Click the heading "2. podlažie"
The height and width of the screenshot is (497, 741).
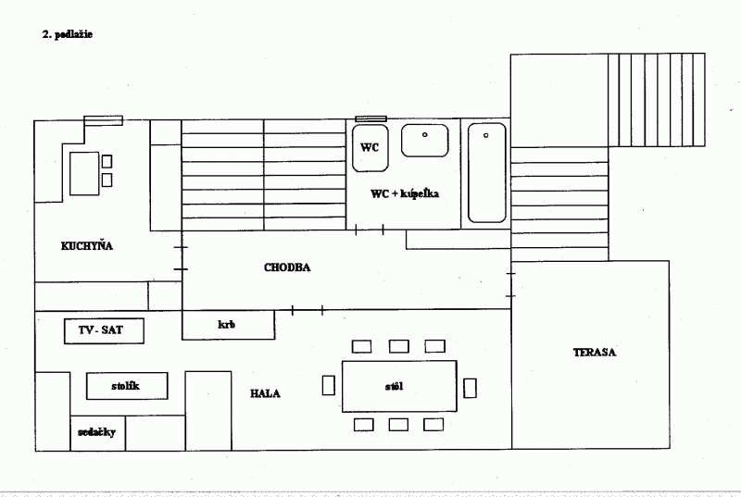pos(67,34)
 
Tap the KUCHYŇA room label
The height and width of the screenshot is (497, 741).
pos(87,246)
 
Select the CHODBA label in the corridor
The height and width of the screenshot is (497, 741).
pos(287,267)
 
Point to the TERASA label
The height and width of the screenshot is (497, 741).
pos(594,352)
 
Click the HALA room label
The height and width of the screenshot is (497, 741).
pos(265,393)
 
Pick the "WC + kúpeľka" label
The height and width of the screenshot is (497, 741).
pos(405,193)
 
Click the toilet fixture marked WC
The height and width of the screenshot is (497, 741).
pos(370,148)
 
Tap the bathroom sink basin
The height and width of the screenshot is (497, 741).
pos(425,140)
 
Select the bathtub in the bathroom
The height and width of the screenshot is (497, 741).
pos(487,172)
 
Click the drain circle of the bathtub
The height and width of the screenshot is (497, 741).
pos(485,135)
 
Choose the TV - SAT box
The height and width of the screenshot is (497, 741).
pos(104,330)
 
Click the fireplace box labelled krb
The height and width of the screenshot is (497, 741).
pos(228,325)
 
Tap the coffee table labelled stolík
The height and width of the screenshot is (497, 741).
pos(127,386)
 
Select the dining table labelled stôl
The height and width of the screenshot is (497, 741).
pos(399,386)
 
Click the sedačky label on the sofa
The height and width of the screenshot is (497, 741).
pos(96,432)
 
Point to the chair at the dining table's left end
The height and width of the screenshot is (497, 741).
pos(329,385)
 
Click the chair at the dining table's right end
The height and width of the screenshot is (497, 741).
pos(470,388)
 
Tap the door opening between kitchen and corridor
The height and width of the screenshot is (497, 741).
pos(182,258)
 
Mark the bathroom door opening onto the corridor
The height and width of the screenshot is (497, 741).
pos(369,230)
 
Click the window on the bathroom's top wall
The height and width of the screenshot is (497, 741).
pos(371,119)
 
